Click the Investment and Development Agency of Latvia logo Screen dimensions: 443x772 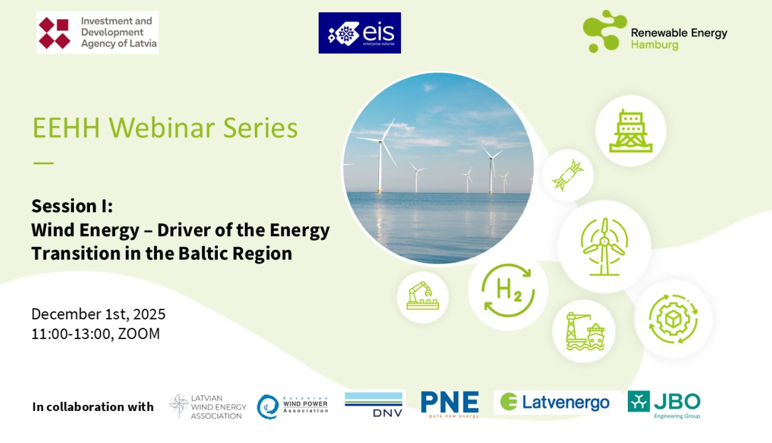(x=97, y=32)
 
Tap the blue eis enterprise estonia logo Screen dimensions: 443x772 (x=359, y=33)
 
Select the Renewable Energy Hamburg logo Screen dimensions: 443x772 (x=655, y=32)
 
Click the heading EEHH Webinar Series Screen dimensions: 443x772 (x=165, y=128)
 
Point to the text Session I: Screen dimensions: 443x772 (x=72, y=206)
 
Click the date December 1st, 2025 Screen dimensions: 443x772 (x=98, y=314)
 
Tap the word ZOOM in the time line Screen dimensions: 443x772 (x=139, y=334)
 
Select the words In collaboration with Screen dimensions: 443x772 (x=93, y=407)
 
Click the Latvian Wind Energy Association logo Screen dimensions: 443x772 (x=208, y=406)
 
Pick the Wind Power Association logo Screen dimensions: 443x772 (x=292, y=406)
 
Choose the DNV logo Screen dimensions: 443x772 (x=374, y=404)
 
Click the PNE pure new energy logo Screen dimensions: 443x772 (x=449, y=404)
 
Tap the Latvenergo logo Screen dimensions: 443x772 (x=554, y=402)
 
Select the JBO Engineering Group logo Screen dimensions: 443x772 (x=664, y=404)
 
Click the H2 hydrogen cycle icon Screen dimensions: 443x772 (x=508, y=291)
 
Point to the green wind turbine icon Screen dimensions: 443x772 (x=604, y=246)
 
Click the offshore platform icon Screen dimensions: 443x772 (x=630, y=131)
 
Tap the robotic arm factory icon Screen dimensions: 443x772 (x=423, y=297)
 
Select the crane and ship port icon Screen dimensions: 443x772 (x=585, y=331)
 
